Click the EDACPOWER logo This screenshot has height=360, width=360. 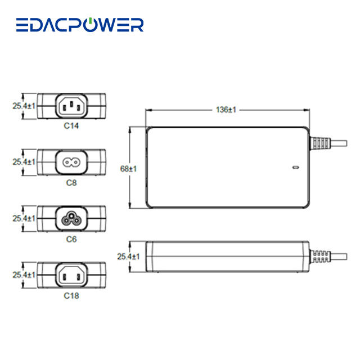click(x=80, y=25)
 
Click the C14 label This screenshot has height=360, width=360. click(x=71, y=126)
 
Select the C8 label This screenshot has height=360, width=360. click(x=71, y=183)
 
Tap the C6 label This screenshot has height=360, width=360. click(x=71, y=239)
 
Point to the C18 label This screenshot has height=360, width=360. click(x=71, y=295)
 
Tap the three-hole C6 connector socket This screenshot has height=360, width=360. click(x=71, y=218)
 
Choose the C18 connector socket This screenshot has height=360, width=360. click(x=71, y=274)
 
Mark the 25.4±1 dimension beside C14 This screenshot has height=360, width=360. click(x=24, y=105)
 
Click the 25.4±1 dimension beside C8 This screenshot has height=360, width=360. click(x=24, y=162)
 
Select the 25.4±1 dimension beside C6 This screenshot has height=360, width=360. click(x=24, y=218)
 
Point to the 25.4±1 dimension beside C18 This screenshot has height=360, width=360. click(x=24, y=274)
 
